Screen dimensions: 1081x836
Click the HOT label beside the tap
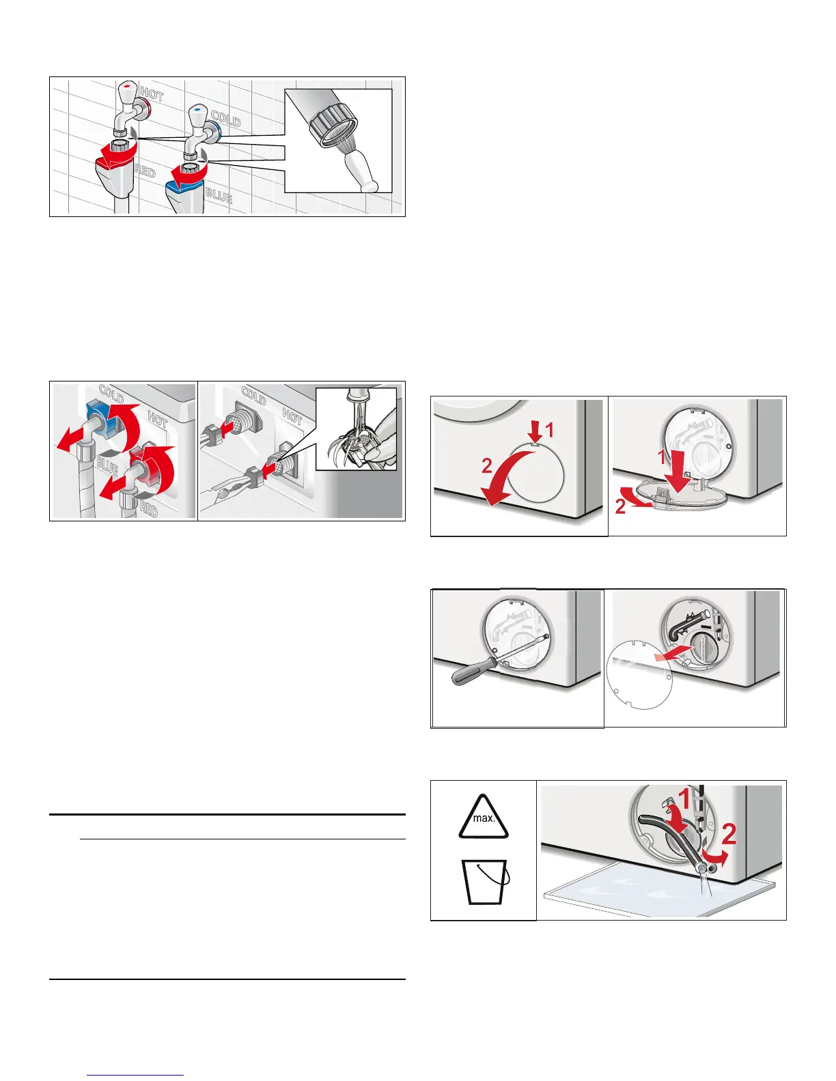(x=152, y=94)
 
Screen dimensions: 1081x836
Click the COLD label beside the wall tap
(x=225, y=119)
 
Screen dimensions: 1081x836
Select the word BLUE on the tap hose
(x=219, y=196)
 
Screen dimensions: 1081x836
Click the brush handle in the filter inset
(x=361, y=171)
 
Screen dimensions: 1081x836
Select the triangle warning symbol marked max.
(x=484, y=817)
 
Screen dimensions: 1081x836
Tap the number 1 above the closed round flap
(x=550, y=430)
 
